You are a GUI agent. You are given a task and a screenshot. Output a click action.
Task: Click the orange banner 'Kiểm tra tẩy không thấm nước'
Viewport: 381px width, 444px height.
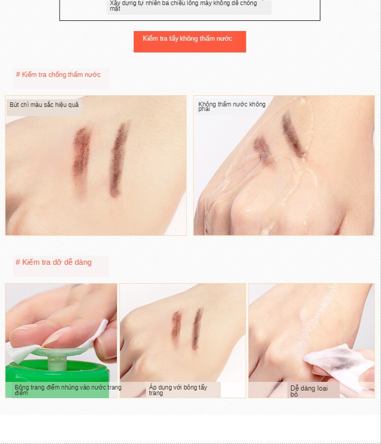tap(189, 41)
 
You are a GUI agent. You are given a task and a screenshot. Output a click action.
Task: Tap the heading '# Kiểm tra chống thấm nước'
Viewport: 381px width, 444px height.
tap(58, 75)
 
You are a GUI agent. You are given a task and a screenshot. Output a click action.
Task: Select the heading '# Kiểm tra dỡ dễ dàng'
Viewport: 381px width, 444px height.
tap(53, 262)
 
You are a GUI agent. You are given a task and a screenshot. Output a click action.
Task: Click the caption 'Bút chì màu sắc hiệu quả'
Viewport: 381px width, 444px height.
tap(44, 105)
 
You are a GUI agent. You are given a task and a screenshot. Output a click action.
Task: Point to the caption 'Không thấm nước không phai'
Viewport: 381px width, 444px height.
tap(231, 106)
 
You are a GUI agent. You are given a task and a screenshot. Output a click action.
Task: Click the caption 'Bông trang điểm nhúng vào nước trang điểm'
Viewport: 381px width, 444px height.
tap(68, 390)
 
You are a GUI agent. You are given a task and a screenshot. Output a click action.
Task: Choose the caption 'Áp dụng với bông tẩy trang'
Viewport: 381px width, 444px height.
tap(178, 390)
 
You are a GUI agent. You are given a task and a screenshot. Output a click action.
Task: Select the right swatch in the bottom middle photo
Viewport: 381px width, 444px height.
tap(197, 328)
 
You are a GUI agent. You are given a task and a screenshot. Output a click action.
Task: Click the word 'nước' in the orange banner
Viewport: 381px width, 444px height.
tap(223, 39)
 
